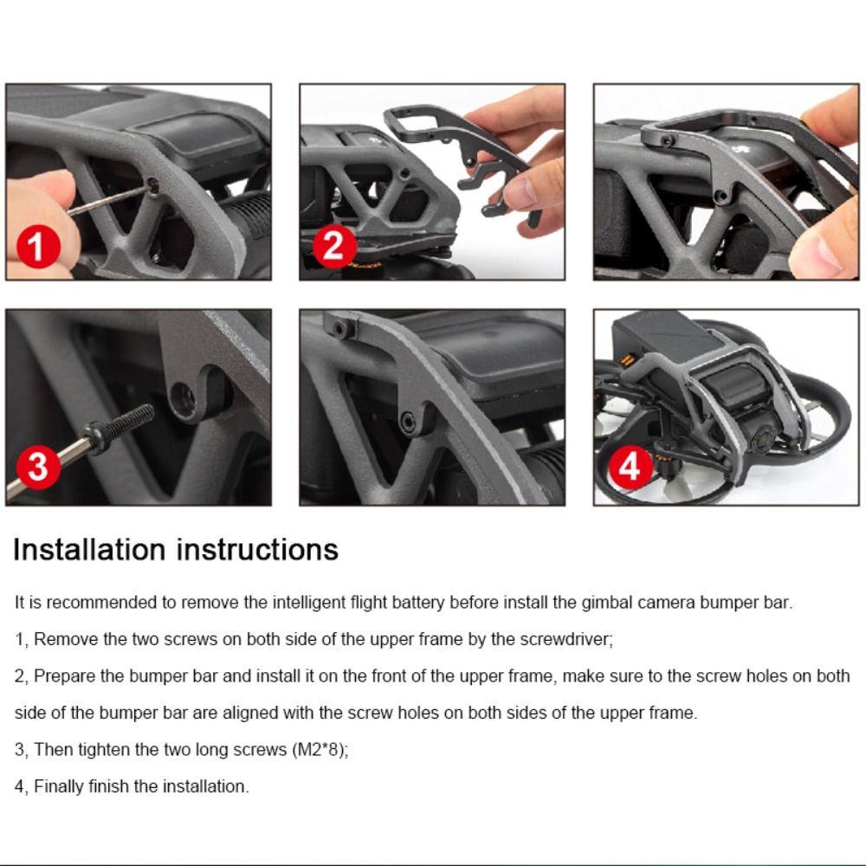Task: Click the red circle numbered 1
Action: pyautogui.click(x=38, y=246)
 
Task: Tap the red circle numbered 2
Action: pyautogui.click(x=334, y=246)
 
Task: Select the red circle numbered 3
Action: pyautogui.click(x=38, y=467)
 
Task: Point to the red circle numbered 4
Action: pyautogui.click(x=630, y=467)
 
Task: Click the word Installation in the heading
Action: pyautogui.click(x=89, y=550)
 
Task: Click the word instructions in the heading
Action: pyautogui.click(x=257, y=550)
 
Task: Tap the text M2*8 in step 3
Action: pyautogui.click(x=320, y=749)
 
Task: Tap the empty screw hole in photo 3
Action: pyautogui.click(x=183, y=397)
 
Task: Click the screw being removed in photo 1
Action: pyautogui.click(x=153, y=185)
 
